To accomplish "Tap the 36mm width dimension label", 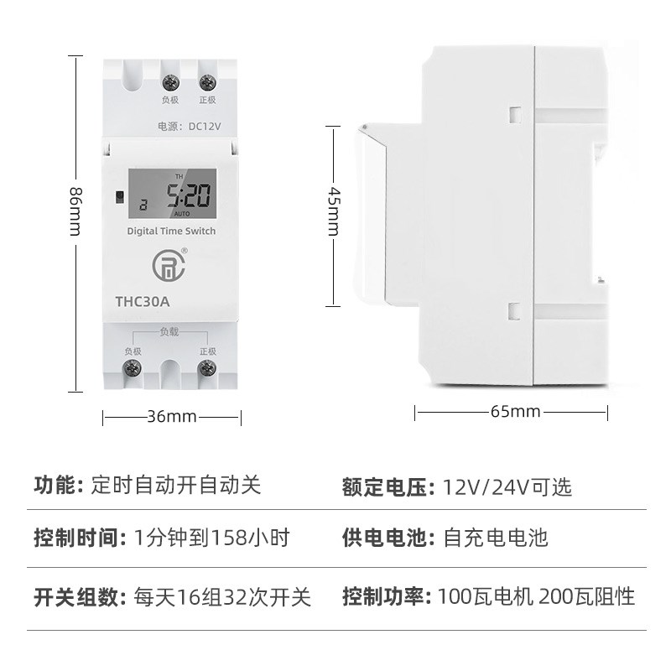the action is click(x=171, y=416).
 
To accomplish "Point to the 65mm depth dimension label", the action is click(x=513, y=412).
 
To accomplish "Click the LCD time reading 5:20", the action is click(x=186, y=197).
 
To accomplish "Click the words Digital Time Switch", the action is click(x=171, y=231).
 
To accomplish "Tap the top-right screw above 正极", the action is click(x=206, y=82).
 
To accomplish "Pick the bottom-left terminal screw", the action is click(x=132, y=368).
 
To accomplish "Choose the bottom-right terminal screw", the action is click(x=206, y=368).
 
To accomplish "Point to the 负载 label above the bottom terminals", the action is click(x=169, y=332).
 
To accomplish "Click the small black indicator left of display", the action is click(x=119, y=200).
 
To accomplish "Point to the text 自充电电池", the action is click(x=495, y=538).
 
